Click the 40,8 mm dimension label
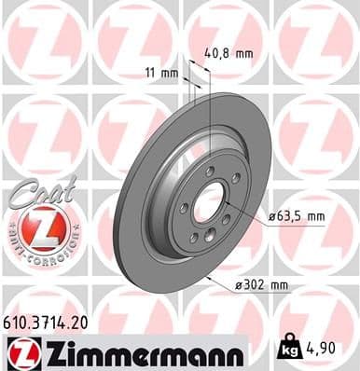coord(228,53)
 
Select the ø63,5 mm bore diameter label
coord(297,216)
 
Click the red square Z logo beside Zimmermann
coord(21,352)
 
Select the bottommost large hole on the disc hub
coord(201,238)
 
